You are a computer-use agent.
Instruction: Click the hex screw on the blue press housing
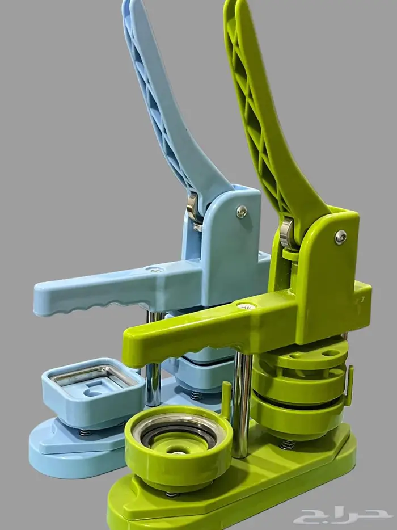pyautogui.click(x=241, y=212)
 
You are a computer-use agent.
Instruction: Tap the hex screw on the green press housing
pyautogui.click(x=341, y=237)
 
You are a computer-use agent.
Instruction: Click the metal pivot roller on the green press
pyautogui.click(x=287, y=233)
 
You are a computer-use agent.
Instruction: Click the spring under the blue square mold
pyautogui.click(x=85, y=432)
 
